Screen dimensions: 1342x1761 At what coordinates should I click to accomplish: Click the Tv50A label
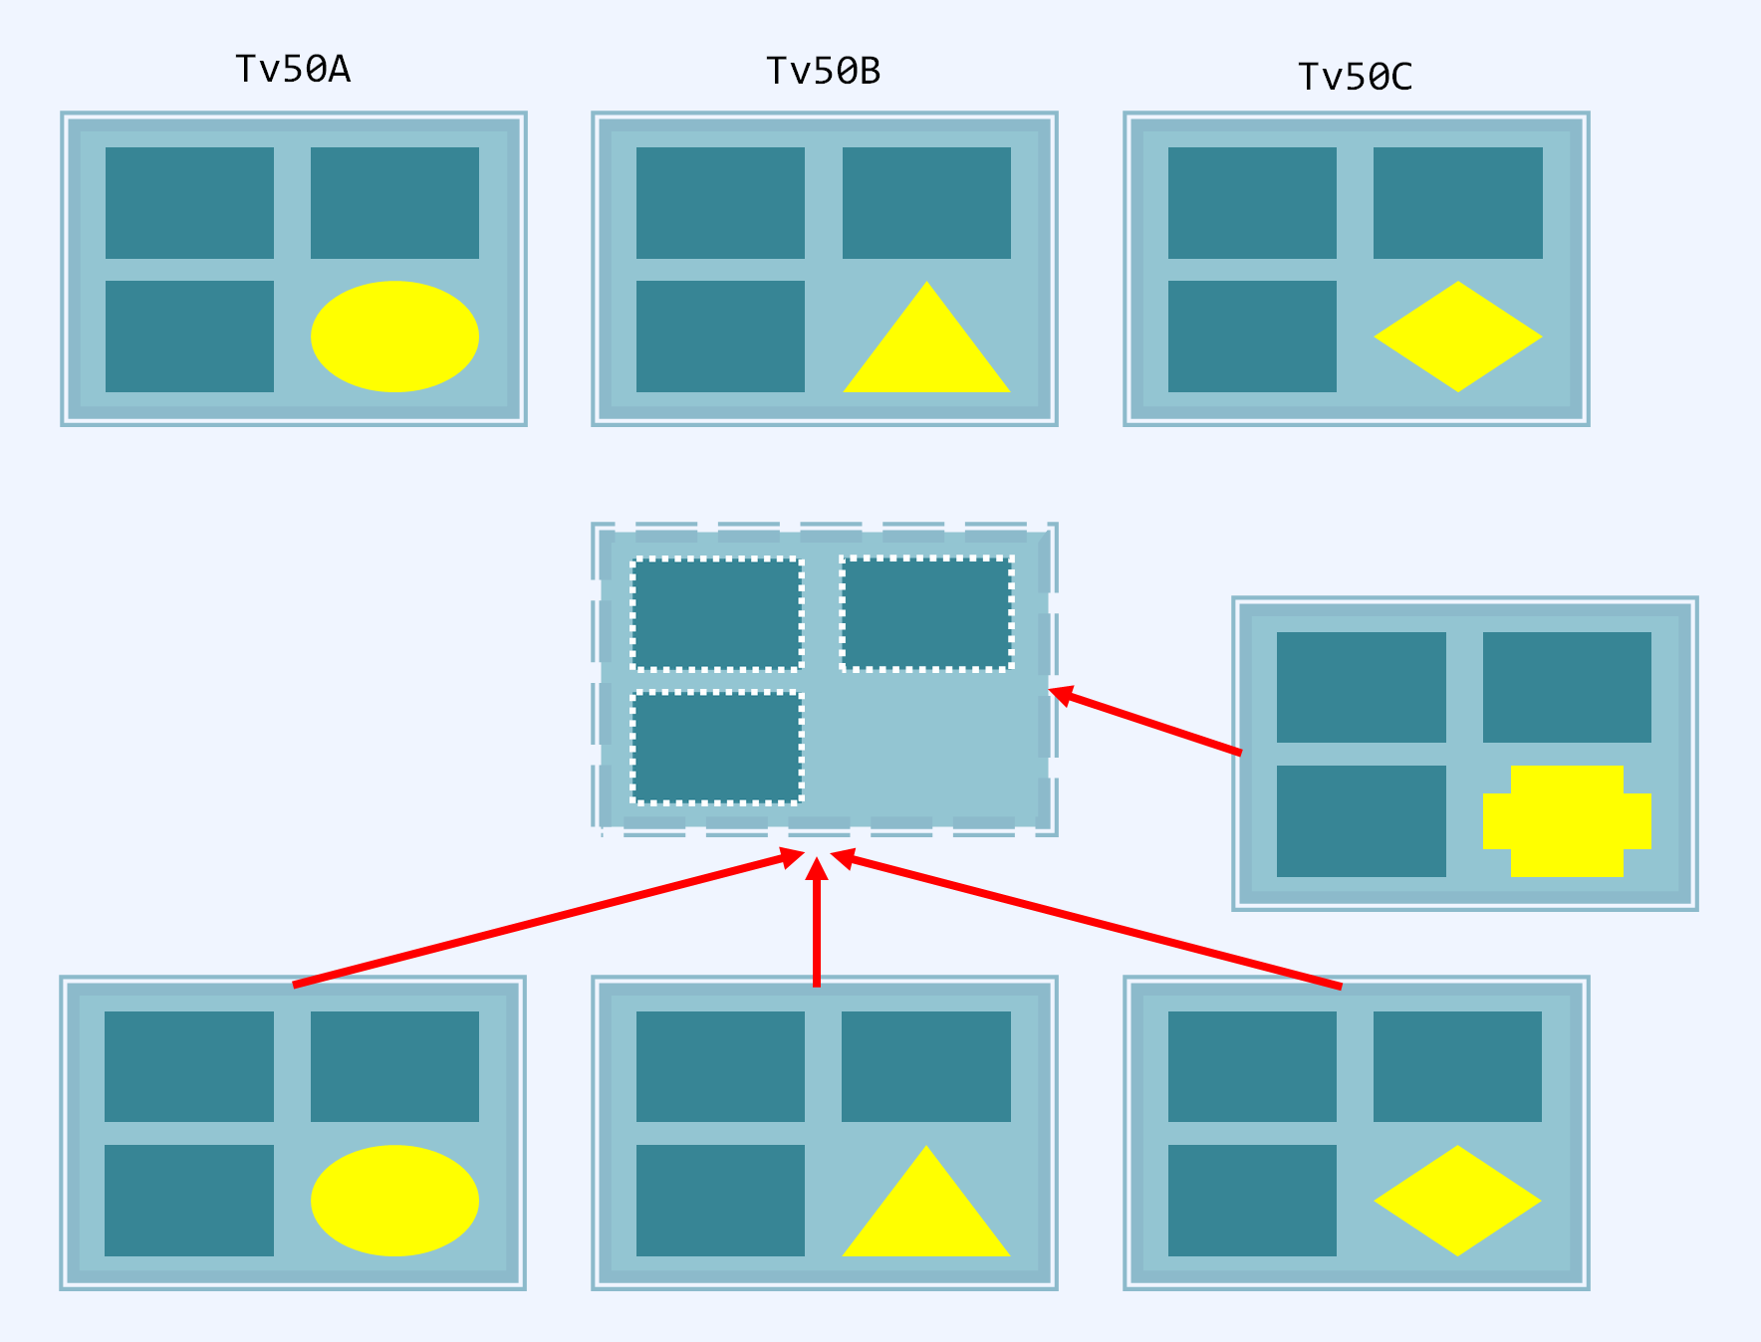(293, 70)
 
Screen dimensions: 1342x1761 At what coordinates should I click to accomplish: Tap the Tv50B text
(824, 72)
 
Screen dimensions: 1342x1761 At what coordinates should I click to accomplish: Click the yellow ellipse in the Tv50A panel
(394, 336)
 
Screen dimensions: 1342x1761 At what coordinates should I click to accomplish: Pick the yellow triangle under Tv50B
(926, 348)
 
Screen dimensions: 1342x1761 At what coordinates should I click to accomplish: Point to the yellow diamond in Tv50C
(1457, 336)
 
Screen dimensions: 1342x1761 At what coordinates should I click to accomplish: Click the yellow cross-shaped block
(1567, 821)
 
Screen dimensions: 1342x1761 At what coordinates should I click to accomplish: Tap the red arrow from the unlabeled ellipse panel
(548, 919)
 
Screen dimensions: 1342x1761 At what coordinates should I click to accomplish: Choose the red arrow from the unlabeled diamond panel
(1086, 920)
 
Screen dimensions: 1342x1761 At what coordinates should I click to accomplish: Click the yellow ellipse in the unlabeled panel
(394, 1201)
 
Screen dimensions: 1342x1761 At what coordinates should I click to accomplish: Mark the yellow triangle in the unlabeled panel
(926, 1213)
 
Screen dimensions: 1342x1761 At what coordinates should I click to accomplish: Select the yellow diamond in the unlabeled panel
(1457, 1201)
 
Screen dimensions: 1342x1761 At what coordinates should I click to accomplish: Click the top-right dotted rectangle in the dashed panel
(926, 613)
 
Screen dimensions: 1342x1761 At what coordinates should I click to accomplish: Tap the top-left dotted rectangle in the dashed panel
(717, 613)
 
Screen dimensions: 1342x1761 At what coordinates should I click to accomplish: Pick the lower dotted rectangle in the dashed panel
(717, 747)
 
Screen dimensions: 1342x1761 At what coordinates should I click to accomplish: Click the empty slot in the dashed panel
(926, 747)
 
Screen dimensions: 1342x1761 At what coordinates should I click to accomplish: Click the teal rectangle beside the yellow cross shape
(1361, 821)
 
